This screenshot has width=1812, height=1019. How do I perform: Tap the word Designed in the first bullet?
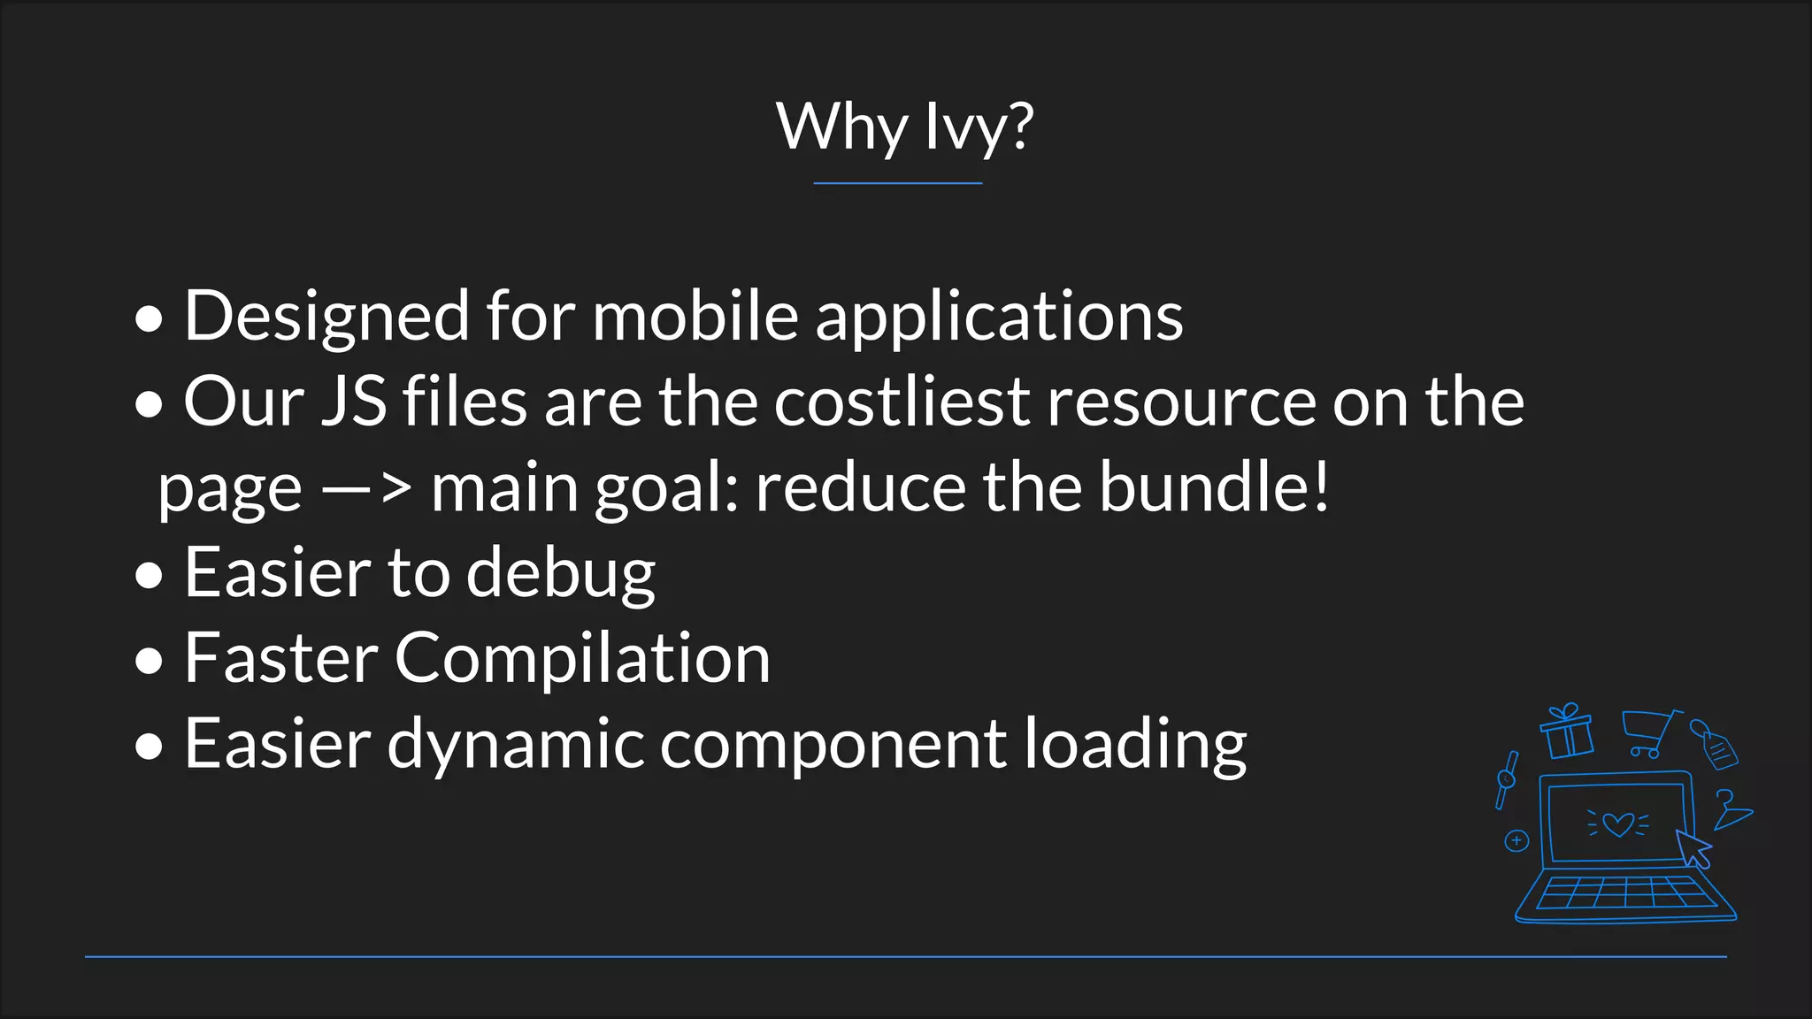tap(326, 317)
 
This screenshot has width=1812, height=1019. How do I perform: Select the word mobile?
tap(695, 317)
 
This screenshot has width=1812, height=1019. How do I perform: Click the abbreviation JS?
tap(354, 402)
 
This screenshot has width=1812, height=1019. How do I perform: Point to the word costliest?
tap(902, 402)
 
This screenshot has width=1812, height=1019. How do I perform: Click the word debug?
tap(561, 573)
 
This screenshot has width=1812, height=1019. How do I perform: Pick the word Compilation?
tap(582, 659)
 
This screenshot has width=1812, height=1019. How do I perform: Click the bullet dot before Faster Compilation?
tap(150, 660)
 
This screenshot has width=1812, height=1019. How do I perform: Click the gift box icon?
tap(1566, 732)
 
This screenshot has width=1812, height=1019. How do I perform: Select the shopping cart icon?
tap(1649, 733)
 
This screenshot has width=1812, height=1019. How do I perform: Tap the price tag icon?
tap(1715, 745)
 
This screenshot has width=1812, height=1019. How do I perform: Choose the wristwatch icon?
tap(1507, 779)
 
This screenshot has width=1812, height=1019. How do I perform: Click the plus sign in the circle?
tap(1516, 840)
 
